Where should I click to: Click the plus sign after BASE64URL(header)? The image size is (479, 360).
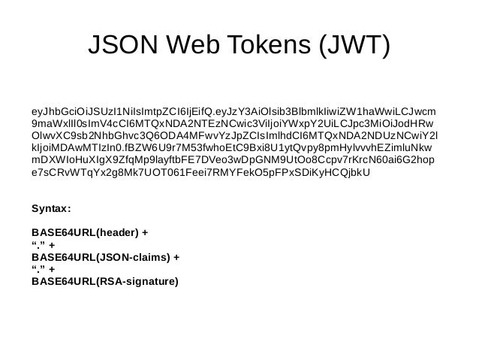pos(144,231)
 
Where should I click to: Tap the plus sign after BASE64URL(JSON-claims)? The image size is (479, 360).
pos(176,257)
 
